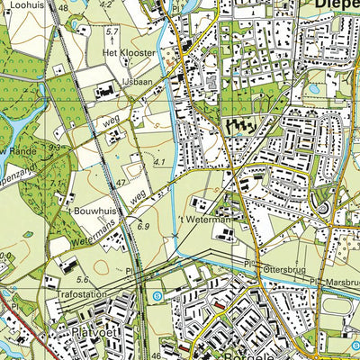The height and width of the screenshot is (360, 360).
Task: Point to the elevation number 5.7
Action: [x=112, y=32]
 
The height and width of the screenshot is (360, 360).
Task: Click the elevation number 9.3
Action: [x=55, y=148]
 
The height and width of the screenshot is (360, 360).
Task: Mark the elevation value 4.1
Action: [x=160, y=162]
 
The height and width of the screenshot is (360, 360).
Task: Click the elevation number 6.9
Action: [x=142, y=227]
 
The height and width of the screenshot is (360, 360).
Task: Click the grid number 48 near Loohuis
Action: [x=62, y=6]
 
